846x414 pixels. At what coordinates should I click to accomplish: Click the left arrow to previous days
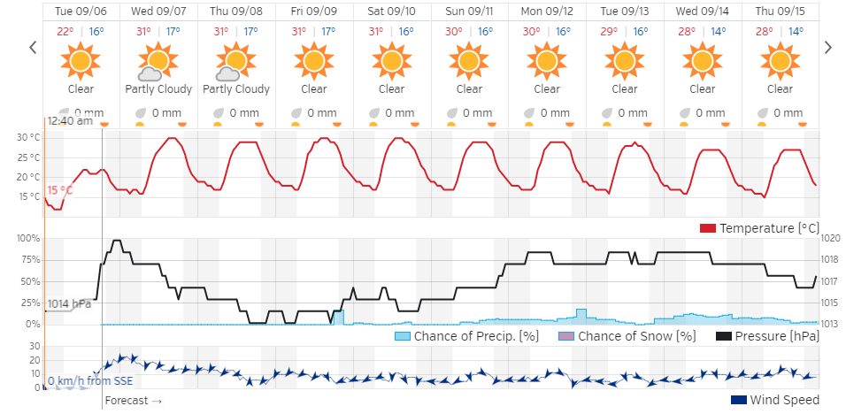34,48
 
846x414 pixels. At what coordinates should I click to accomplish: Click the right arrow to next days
828,48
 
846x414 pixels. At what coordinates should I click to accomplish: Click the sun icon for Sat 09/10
392,61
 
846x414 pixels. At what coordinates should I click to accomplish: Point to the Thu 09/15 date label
780,11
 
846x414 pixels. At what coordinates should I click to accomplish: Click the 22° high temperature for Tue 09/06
65,32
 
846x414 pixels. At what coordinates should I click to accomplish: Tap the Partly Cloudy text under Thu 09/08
236,88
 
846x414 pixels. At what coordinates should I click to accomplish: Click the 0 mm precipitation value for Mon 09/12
555,113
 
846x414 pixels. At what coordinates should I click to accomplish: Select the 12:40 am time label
70,121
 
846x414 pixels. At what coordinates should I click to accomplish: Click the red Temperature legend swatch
707,228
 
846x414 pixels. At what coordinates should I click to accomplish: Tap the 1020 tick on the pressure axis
829,239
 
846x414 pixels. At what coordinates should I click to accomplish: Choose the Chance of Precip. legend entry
466,336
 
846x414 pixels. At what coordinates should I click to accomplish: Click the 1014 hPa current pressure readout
70,303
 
